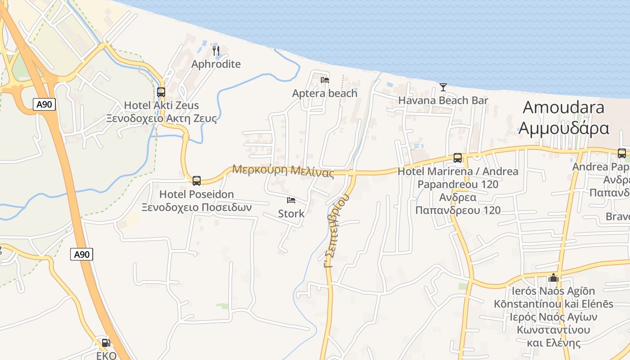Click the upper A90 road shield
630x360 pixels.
(44, 105)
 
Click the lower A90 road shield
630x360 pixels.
(81, 254)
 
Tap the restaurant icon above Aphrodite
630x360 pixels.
(216, 50)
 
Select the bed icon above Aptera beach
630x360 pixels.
(324, 80)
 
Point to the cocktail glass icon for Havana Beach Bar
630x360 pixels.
(443, 87)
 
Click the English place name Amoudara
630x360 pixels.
(563, 108)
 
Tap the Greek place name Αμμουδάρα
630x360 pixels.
(563, 128)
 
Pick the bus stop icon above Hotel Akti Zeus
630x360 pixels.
(161, 92)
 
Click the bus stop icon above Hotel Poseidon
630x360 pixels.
(197, 181)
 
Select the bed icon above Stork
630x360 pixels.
(291, 200)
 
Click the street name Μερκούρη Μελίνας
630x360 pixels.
(283, 171)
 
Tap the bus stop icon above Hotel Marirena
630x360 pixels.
(458, 158)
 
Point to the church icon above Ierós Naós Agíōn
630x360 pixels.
(553, 278)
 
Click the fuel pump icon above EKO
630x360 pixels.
(106, 343)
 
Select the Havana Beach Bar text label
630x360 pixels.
(443, 100)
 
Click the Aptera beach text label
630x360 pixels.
(324, 94)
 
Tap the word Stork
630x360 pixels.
(291, 214)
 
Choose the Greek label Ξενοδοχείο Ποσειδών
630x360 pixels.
(197, 208)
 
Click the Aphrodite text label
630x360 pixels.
(216, 64)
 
